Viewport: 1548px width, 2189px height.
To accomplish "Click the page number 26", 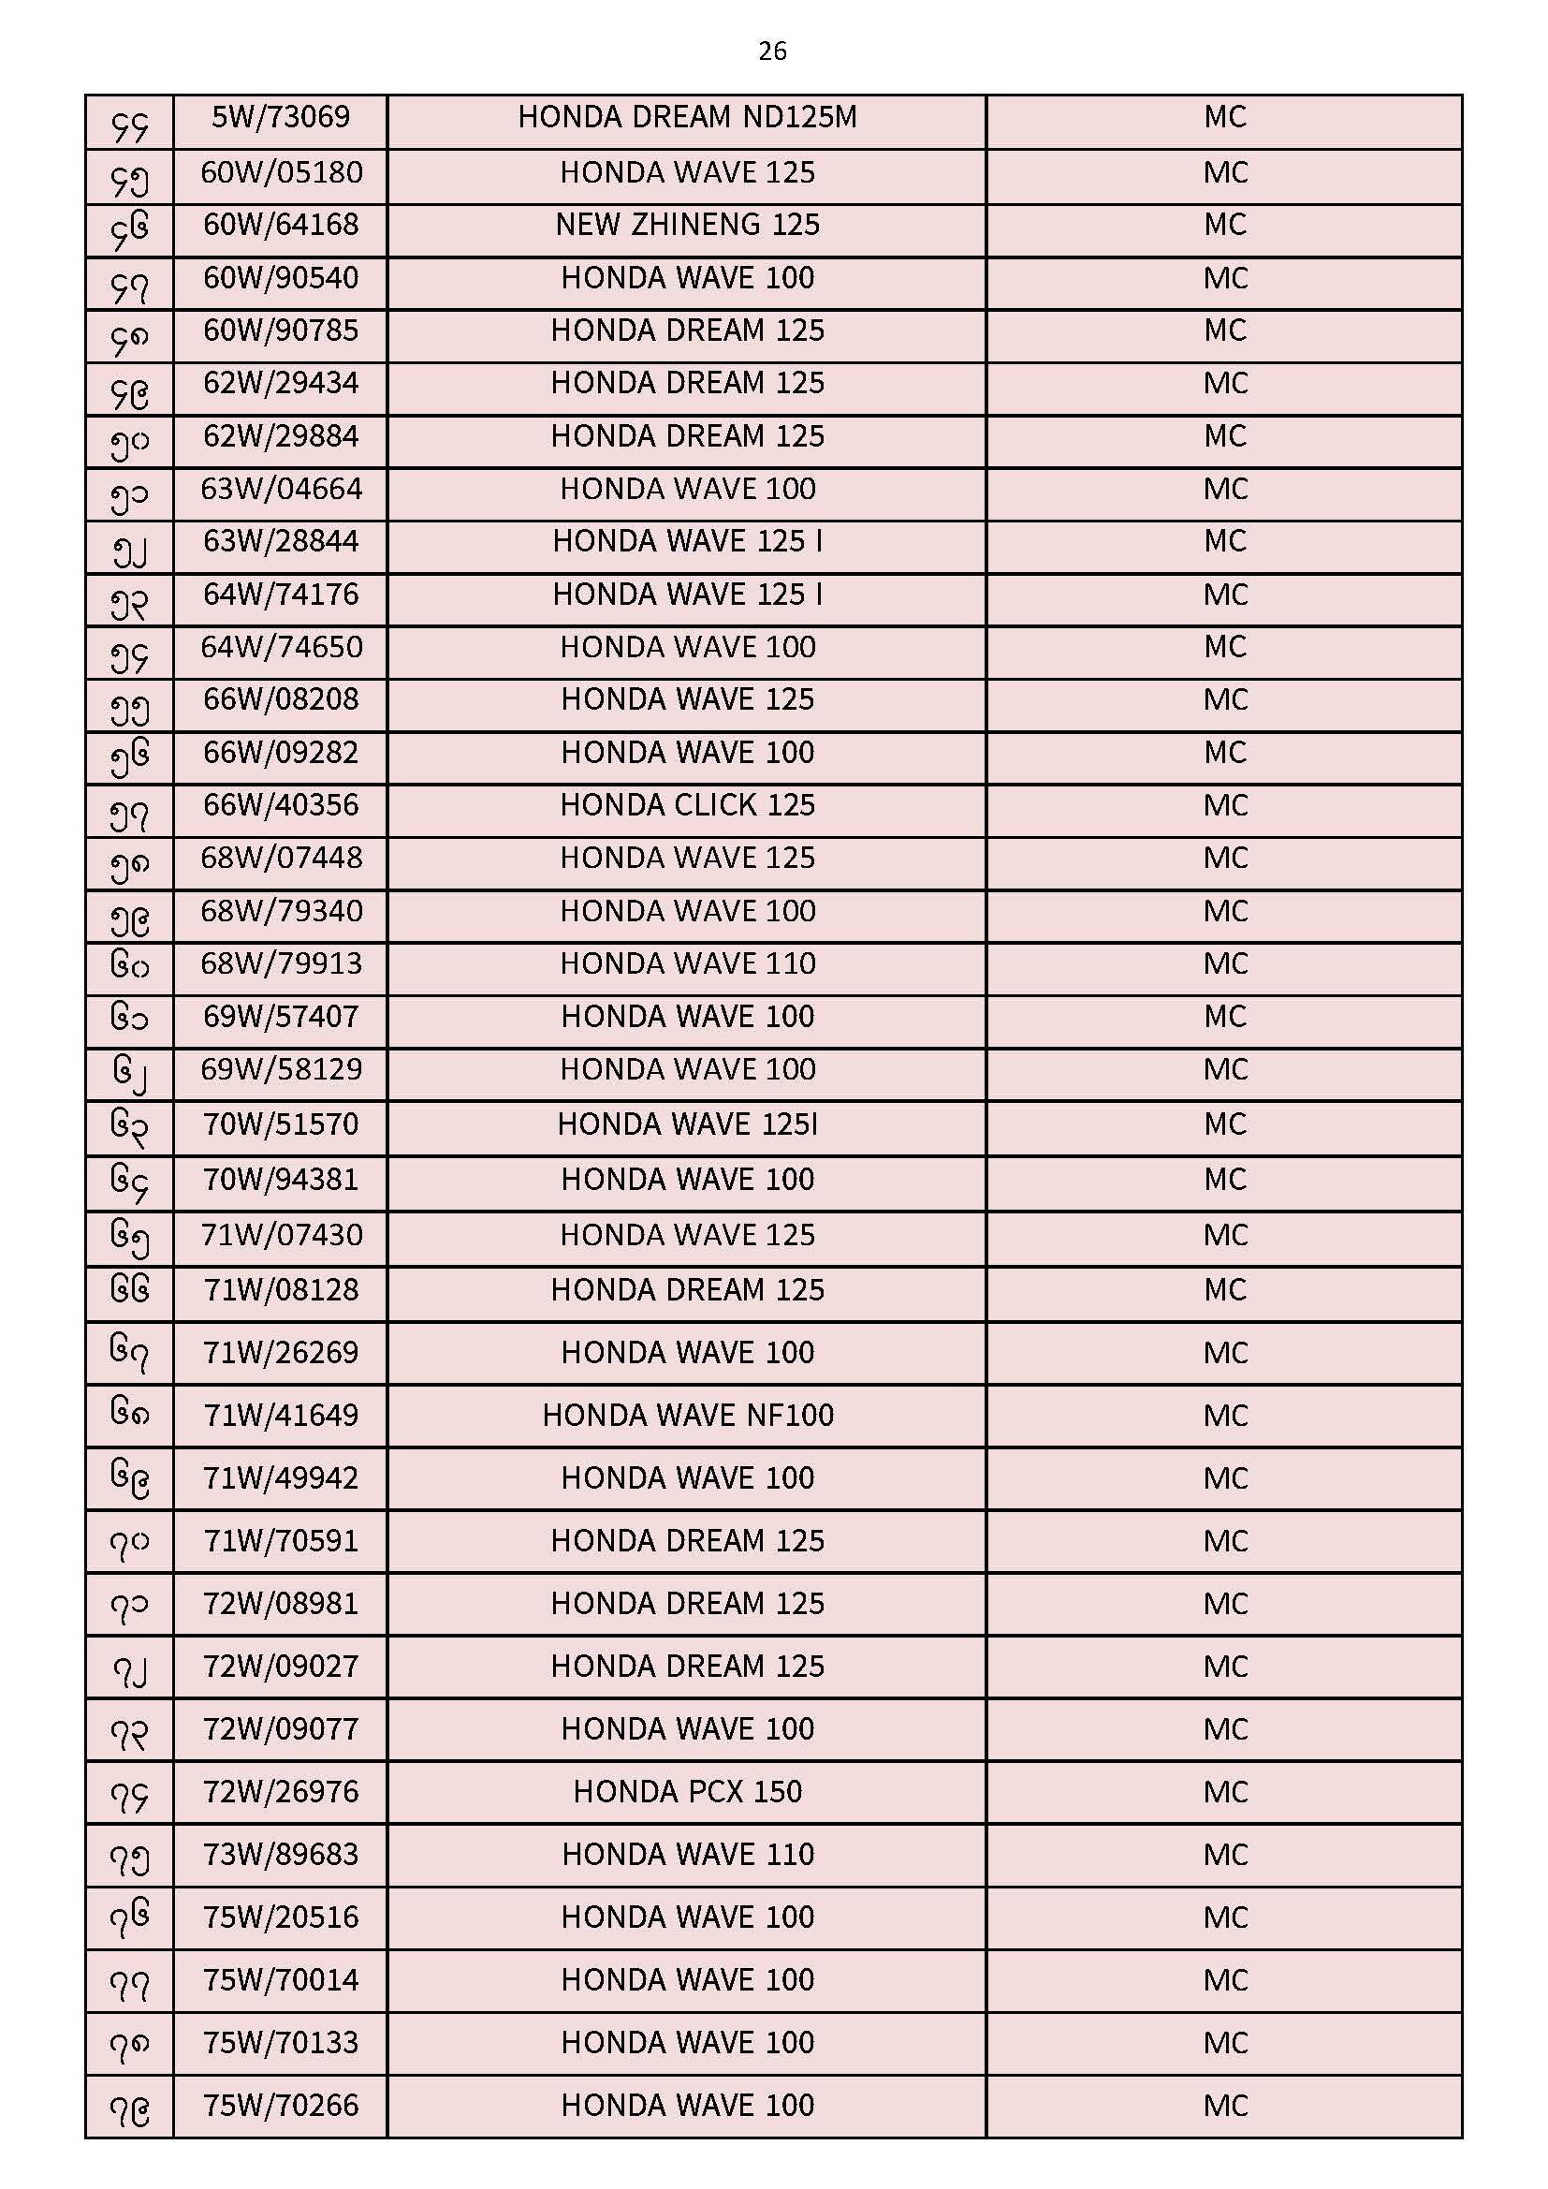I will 772,51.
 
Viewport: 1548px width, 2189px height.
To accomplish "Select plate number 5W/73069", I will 280,117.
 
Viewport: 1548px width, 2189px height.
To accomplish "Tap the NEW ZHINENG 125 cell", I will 687,225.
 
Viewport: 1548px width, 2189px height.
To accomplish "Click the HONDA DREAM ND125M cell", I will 687,117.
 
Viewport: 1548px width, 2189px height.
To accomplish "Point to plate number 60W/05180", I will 280,172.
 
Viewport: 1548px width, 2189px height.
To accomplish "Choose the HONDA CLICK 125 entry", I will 687,805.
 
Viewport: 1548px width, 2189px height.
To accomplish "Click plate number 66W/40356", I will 280,805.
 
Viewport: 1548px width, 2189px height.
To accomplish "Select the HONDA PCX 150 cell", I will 687,1791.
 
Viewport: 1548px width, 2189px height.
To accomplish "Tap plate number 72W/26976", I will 280,1791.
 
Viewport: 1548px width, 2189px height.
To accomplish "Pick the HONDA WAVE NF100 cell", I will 687,1415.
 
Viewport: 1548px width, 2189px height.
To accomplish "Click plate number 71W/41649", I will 280,1415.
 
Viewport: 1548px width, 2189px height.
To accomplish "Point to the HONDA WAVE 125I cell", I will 687,1124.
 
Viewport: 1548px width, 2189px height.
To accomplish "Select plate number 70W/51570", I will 280,1124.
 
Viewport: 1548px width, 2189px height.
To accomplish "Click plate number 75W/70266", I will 280,2105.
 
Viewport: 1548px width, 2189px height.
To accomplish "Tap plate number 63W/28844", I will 280,541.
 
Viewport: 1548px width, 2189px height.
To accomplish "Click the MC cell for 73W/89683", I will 1225,1855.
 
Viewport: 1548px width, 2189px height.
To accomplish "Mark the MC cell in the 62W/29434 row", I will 1225,383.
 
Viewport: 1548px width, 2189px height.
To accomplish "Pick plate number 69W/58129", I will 280,1070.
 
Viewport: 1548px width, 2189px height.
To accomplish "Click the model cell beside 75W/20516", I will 687,1917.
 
